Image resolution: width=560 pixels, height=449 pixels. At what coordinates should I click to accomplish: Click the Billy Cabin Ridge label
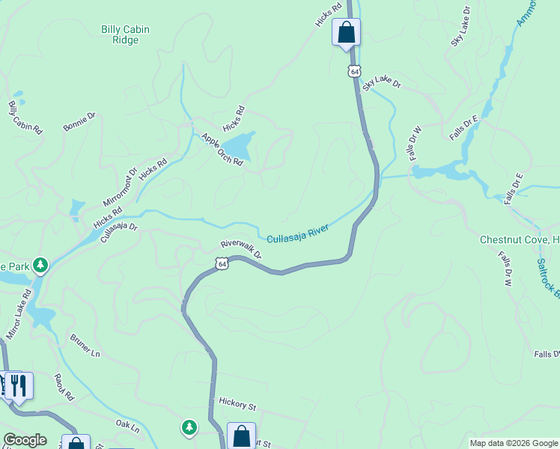pos(125,34)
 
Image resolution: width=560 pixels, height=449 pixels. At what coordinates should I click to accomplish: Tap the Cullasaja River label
pos(299,234)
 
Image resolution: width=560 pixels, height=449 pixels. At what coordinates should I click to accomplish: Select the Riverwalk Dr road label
pos(241,249)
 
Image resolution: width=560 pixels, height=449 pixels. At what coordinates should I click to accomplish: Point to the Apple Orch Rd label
pos(222,149)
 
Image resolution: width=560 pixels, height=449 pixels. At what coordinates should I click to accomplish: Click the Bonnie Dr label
pos(79,122)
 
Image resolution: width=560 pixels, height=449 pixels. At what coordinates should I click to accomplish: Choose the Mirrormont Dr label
pos(121,187)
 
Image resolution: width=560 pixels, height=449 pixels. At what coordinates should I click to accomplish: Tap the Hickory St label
pos(237,404)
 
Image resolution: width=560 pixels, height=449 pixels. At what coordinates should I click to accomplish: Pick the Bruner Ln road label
pos(84,344)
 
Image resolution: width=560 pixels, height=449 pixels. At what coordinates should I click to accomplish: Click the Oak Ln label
pos(128,427)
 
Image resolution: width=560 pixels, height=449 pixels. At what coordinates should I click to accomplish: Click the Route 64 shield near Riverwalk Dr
pos(220,263)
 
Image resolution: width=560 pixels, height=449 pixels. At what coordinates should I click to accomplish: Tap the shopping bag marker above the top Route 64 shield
pos(346,32)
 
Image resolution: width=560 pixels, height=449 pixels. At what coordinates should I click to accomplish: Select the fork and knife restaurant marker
pos(19,385)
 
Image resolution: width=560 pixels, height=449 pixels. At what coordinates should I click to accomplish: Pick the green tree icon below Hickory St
pos(189,427)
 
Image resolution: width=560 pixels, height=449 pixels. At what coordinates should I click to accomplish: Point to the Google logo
pos(25,440)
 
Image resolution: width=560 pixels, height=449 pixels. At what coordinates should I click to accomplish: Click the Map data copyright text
pos(513,443)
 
